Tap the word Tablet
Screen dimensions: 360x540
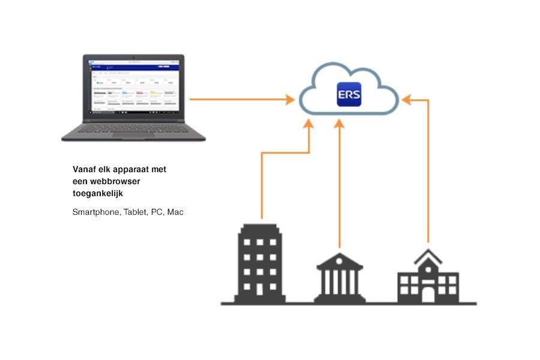pyautogui.click(x=136, y=212)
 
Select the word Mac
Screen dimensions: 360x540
pyautogui.click(x=175, y=212)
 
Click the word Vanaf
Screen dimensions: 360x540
pyautogui.click(x=84, y=169)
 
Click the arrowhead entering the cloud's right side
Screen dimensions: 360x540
pyautogui.click(x=405, y=100)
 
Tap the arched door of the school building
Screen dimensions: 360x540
pyautogui.click(x=428, y=293)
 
